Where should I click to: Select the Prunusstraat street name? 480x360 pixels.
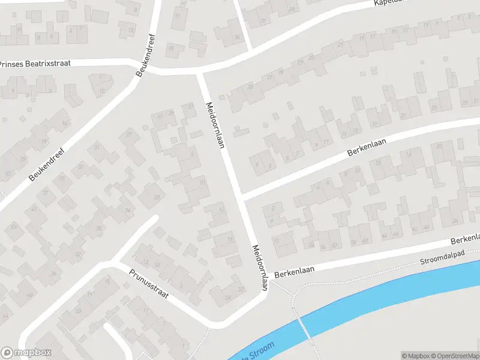(x=149, y=283)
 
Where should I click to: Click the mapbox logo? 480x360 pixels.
(x=26, y=353)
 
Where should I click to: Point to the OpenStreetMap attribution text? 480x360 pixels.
(x=457, y=356)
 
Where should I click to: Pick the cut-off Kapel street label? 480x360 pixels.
(x=386, y=3)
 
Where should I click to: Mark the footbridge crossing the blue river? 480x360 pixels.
(x=304, y=328)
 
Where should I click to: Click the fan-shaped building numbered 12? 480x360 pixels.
(x=103, y=90)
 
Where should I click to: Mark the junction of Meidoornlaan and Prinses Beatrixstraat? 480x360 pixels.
(x=200, y=72)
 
